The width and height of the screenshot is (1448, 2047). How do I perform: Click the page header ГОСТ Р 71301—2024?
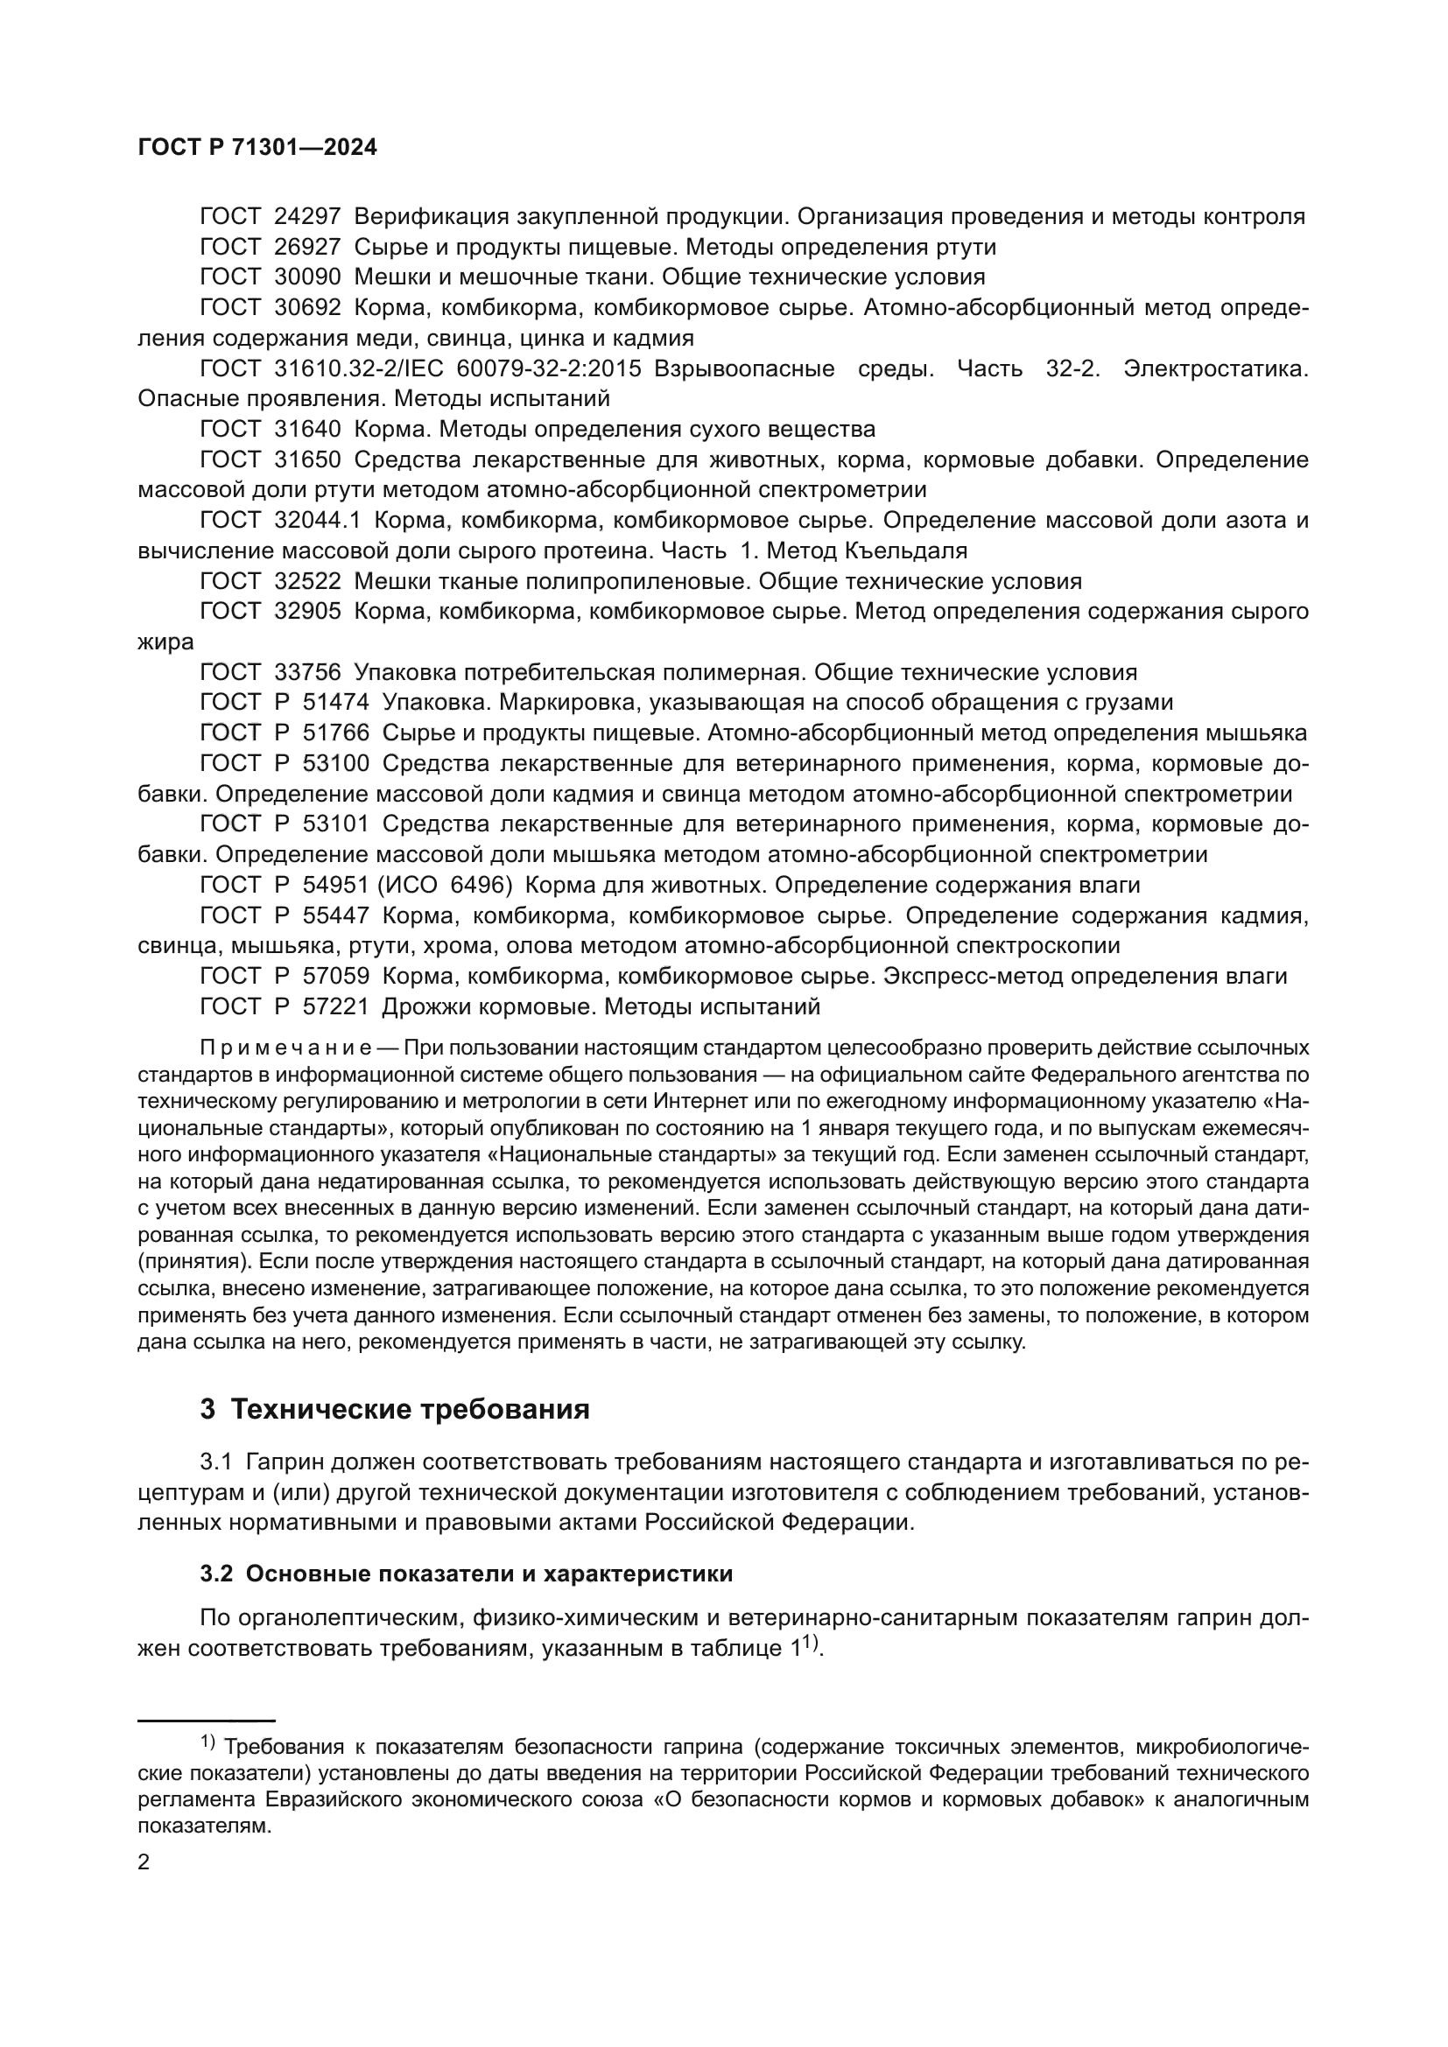tap(257, 148)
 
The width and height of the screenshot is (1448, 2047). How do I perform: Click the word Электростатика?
tap(1215, 369)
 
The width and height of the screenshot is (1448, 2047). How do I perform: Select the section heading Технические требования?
tap(410, 1410)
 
